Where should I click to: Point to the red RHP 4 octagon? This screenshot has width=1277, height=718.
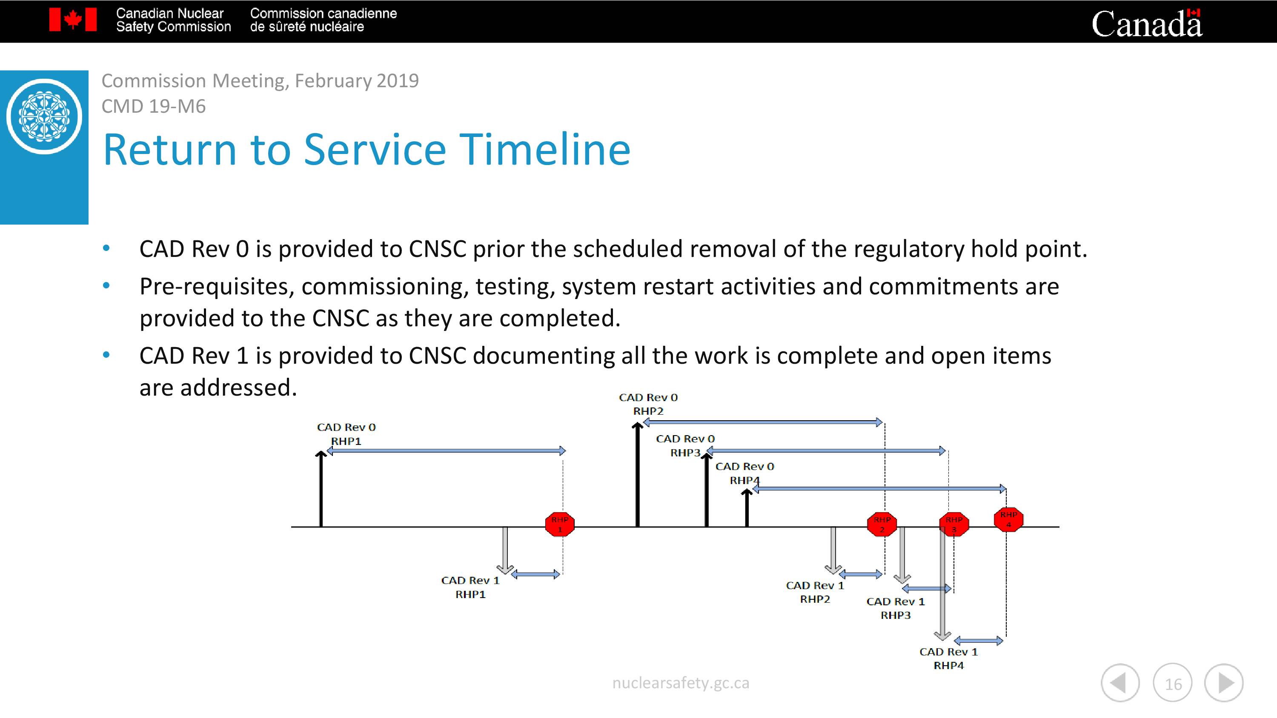(x=1008, y=519)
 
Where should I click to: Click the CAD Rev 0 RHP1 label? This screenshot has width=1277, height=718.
(x=346, y=434)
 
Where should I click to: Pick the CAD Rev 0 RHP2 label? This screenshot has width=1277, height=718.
(x=648, y=404)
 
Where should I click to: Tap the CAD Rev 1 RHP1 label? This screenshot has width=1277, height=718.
(x=470, y=587)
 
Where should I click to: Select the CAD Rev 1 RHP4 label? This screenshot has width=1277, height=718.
(x=949, y=658)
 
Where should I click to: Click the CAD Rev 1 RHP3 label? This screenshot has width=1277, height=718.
(x=896, y=608)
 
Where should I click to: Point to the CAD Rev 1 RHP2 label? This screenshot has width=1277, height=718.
(x=815, y=592)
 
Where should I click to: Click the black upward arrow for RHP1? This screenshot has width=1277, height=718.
(x=321, y=489)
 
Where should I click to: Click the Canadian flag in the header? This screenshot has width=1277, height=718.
(x=73, y=20)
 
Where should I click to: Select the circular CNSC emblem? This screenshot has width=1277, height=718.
(x=44, y=117)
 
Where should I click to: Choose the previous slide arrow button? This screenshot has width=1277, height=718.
(x=1120, y=683)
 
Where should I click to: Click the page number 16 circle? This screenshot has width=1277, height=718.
(x=1173, y=683)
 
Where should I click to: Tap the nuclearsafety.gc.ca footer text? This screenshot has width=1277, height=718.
(x=681, y=683)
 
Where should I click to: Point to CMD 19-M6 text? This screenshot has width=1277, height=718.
(x=154, y=106)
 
